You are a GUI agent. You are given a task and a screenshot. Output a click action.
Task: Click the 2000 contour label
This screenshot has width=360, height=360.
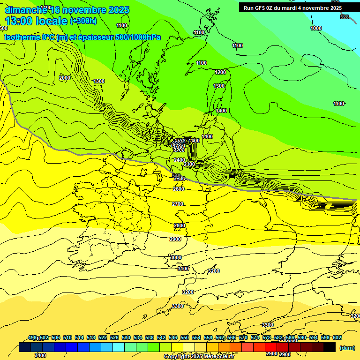point(65,78)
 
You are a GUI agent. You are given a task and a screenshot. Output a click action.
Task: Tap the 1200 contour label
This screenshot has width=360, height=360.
point(220,72)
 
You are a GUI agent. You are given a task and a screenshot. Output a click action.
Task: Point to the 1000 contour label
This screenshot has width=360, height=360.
point(316,28)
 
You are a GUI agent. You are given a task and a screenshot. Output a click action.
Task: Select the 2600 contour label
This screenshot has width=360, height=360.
point(179,189)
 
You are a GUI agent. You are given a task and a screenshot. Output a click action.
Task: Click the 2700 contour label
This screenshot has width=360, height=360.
point(178,204)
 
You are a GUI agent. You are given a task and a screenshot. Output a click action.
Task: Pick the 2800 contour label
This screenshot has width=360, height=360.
point(180,225)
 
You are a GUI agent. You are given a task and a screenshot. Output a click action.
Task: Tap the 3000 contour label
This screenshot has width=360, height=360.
point(176,257)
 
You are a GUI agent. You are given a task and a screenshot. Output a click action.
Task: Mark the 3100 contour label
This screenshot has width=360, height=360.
point(183,269)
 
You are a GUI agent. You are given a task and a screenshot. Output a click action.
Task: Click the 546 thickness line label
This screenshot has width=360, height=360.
point(176,176)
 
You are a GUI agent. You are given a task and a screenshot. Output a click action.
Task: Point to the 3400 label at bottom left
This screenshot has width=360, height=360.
point(40,355)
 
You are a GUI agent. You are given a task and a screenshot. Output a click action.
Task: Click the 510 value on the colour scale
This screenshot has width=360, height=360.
point(67,338)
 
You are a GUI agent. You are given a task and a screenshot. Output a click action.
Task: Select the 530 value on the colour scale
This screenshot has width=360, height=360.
point(126,338)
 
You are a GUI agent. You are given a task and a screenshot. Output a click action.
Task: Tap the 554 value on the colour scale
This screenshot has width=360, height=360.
point(196,338)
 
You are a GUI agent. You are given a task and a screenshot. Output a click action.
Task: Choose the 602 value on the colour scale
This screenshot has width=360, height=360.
point(337,338)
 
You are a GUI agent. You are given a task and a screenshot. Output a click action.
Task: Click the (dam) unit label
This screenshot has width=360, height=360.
point(347,348)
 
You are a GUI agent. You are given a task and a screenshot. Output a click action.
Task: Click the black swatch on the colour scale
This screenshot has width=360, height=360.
point(329,347)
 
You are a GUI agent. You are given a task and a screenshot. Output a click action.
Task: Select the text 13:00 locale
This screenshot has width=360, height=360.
point(36,21)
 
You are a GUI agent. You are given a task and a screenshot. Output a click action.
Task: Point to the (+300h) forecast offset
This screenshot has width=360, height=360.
point(84,21)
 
